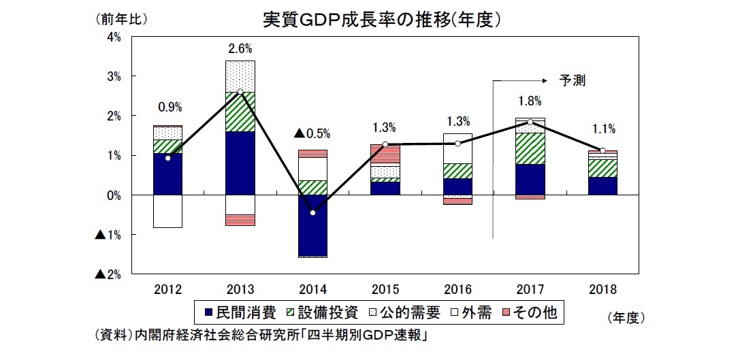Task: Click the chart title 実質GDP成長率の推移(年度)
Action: point(383,19)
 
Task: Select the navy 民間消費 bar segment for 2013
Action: point(240,163)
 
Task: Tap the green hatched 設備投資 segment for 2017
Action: point(530,148)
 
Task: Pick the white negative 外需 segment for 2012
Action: point(167,211)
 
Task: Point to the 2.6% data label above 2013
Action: point(240,48)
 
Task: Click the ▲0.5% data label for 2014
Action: point(312,133)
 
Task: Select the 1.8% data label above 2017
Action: point(530,101)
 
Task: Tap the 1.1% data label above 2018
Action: point(603,129)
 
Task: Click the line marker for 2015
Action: point(385,144)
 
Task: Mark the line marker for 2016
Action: point(458,144)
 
